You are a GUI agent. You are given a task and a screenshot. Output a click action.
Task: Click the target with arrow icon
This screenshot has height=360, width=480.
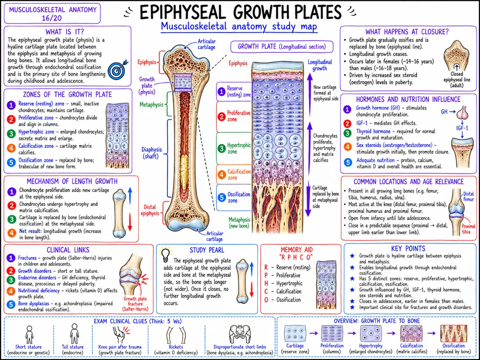117,69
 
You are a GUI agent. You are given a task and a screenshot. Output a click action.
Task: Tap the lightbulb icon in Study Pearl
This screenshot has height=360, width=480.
165,254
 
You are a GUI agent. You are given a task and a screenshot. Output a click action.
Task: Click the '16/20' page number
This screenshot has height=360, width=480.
52,18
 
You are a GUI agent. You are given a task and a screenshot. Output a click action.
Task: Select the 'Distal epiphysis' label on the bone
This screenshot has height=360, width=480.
150,210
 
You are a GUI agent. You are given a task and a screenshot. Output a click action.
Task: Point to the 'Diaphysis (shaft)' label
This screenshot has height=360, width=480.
152,153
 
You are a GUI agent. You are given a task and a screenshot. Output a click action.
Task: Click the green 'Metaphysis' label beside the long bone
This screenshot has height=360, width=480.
152,105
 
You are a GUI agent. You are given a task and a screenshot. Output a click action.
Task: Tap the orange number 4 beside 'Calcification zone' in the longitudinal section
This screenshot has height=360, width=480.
222,175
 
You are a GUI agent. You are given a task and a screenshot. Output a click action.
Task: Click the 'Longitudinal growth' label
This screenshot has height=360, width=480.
320,65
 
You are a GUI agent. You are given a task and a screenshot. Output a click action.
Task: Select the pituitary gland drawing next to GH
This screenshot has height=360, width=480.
462,112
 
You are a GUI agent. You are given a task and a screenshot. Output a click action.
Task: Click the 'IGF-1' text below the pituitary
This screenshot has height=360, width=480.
462,128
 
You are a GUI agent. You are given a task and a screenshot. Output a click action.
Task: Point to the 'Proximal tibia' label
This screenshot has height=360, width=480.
468,229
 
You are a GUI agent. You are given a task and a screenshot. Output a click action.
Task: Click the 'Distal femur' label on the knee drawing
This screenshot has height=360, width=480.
468,196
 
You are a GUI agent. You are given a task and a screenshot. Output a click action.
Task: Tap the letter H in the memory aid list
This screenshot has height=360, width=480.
266,284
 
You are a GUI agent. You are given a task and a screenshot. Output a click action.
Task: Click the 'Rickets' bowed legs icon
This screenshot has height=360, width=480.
176,335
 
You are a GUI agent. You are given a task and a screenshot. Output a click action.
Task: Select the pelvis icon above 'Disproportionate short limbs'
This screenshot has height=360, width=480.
240,334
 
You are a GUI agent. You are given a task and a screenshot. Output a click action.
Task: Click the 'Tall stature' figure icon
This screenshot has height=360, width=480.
74,334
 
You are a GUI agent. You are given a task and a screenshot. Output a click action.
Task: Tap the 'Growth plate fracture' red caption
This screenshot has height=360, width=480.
135,304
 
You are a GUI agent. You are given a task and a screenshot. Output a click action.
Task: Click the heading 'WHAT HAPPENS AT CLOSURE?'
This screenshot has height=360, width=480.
407,32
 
